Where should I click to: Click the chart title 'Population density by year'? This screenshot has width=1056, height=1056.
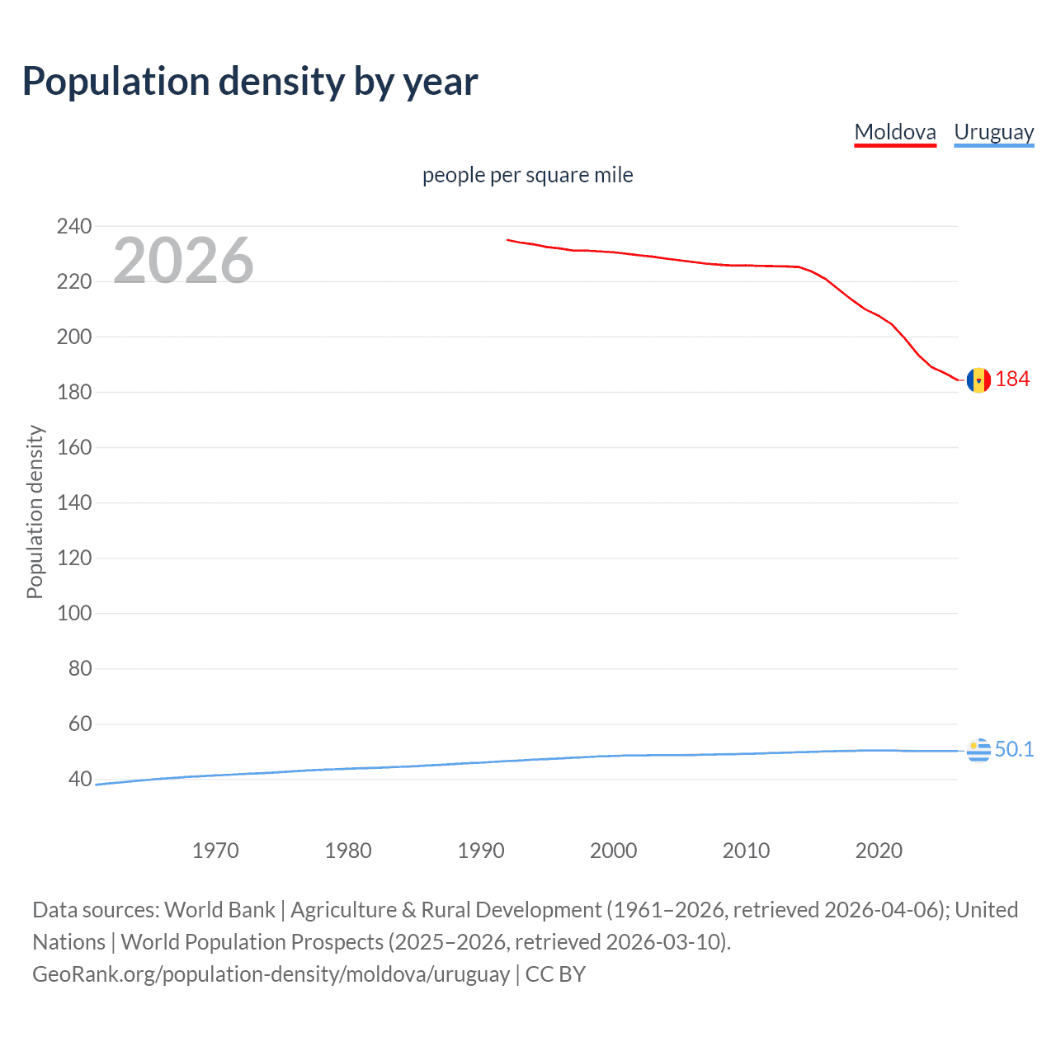(x=250, y=82)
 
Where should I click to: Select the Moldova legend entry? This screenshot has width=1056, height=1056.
(x=895, y=132)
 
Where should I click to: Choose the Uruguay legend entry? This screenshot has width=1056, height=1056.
(x=993, y=132)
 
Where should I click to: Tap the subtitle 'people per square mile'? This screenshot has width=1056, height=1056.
(x=527, y=175)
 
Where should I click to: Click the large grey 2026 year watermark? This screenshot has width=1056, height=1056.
(x=183, y=260)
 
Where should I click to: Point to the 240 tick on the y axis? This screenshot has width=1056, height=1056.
(x=74, y=226)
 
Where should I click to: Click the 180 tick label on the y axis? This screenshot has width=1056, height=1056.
(x=74, y=392)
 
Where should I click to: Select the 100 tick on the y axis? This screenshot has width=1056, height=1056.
(x=74, y=613)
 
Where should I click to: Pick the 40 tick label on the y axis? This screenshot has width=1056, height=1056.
(x=80, y=779)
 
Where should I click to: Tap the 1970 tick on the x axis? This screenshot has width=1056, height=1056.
(x=215, y=851)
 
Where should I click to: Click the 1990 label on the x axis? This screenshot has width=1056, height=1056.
(x=481, y=851)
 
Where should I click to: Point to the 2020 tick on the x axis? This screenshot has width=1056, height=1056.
(x=879, y=851)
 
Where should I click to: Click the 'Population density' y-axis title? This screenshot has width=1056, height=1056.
(x=35, y=511)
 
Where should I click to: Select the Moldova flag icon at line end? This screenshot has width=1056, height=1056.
(x=978, y=380)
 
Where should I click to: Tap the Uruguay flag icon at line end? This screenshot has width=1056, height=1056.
(x=978, y=751)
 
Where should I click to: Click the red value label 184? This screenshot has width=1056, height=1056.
(x=1012, y=379)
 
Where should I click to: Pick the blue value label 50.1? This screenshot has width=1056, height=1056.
(x=1014, y=749)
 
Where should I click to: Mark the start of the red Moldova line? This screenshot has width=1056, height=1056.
(x=507, y=240)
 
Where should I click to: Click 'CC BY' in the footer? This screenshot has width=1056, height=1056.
(x=555, y=973)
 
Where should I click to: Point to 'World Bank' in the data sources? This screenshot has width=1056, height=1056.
(x=219, y=909)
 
